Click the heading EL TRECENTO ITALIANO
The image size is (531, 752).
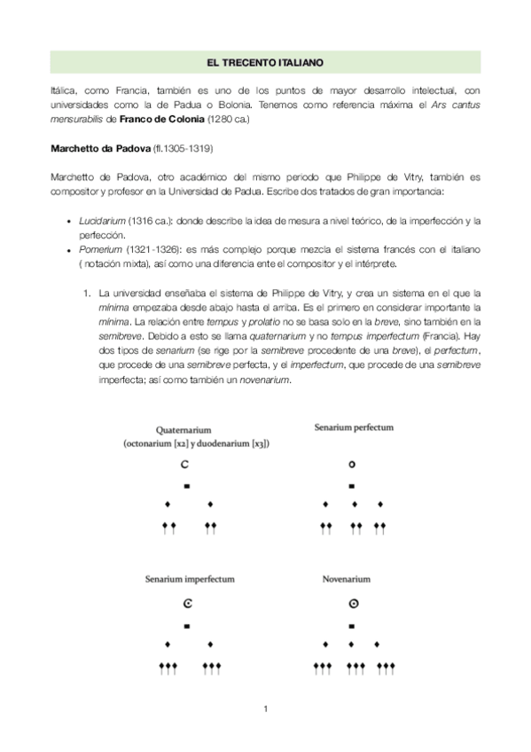(x=265, y=63)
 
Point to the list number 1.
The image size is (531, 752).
(x=85, y=291)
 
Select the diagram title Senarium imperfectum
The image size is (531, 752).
(x=190, y=579)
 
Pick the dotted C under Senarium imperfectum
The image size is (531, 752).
(x=187, y=605)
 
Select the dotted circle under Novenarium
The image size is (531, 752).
(x=353, y=605)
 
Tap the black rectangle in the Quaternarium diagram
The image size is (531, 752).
(x=187, y=486)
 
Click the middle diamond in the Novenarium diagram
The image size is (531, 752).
(x=353, y=643)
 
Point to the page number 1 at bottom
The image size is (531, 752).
(x=265, y=709)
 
